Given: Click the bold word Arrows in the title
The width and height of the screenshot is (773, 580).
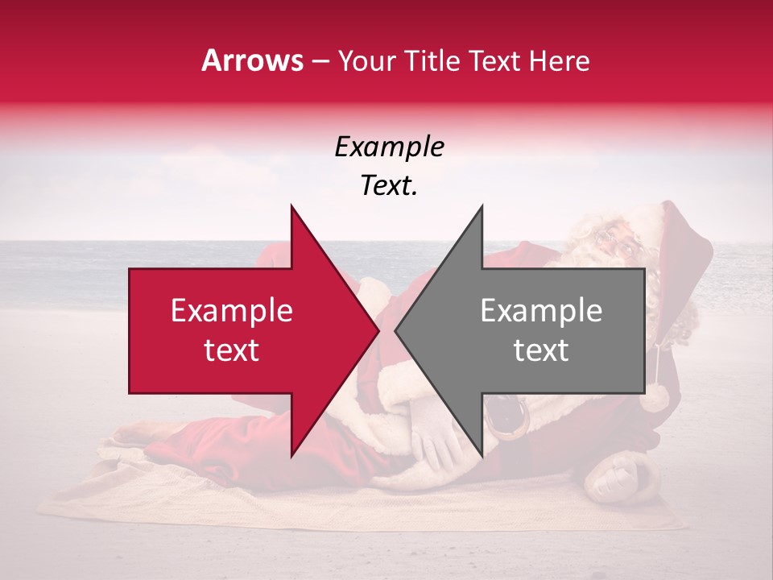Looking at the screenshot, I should tap(253, 60).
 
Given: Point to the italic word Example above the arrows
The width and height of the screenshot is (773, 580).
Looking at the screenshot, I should tap(389, 147).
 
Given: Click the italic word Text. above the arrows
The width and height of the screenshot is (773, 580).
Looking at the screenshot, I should tap(389, 185).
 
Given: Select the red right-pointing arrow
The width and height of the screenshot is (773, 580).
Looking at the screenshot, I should tap(242, 330).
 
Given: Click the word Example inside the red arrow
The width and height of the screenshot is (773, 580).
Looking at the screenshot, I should tap(232, 311).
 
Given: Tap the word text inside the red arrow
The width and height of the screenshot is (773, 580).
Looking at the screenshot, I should tap(232, 350).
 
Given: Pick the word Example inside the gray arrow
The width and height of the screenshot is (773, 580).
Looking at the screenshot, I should tap(541, 311).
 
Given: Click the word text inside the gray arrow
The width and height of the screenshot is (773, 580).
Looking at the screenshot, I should tap(541, 350).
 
